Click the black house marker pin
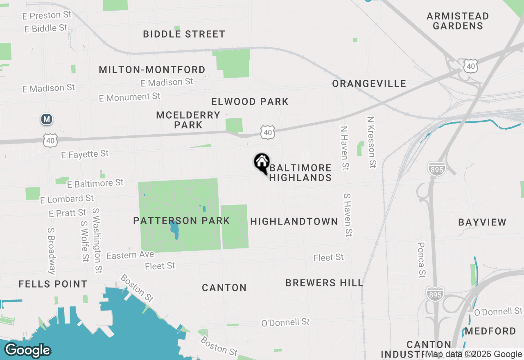click(262, 162)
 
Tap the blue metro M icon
click(47, 119)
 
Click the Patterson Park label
click(181, 221)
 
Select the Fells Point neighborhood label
click(53, 284)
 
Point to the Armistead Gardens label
click(458, 21)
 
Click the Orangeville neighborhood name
click(369, 83)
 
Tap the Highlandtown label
click(294, 221)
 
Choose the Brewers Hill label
click(324, 283)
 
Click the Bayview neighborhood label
click(482, 222)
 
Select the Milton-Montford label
click(152, 70)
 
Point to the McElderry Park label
click(188, 120)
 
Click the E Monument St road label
click(130, 97)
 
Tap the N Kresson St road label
click(371, 142)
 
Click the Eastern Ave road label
click(130, 255)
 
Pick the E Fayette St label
click(85, 154)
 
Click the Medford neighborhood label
click(490, 331)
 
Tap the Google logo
click(27, 351)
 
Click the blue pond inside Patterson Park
click(175, 230)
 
